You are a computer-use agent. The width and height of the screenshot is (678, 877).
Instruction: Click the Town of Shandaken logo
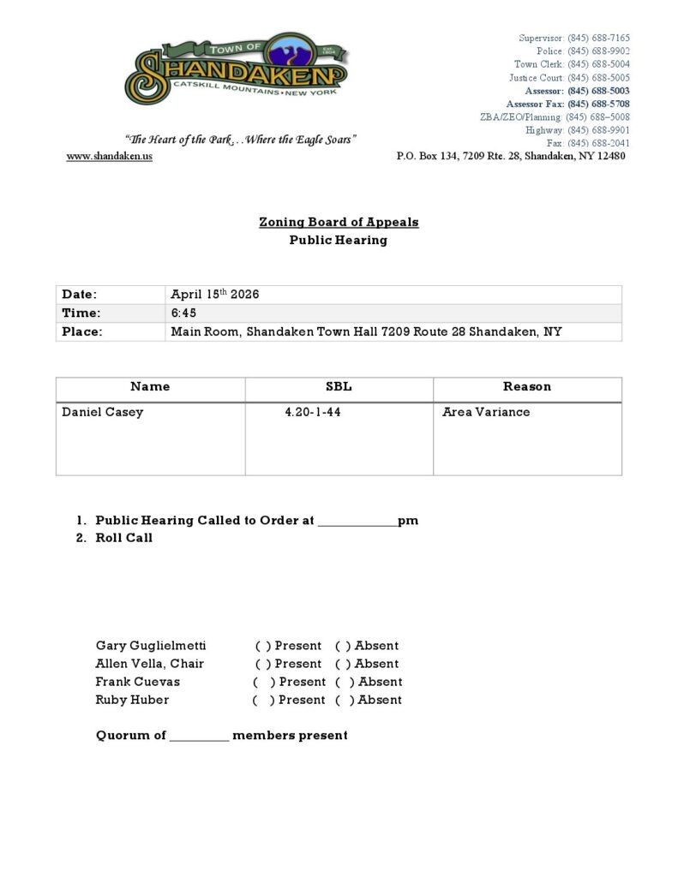(237, 70)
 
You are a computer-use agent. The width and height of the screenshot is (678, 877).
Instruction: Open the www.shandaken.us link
(109, 157)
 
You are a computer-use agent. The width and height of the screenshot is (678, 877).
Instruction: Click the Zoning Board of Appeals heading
(339, 223)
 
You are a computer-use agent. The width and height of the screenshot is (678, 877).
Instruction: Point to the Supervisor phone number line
(573, 39)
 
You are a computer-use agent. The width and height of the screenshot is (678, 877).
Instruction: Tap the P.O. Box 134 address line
(510, 157)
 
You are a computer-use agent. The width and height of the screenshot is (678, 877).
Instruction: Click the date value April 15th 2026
(214, 295)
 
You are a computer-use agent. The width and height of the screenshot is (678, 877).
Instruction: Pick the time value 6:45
(183, 313)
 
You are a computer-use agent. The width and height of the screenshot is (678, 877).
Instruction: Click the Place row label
(81, 331)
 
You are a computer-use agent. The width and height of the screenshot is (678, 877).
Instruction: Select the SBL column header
(339, 387)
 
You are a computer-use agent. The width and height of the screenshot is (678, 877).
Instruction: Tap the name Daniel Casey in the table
(103, 412)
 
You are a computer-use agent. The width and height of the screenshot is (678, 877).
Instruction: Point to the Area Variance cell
(486, 412)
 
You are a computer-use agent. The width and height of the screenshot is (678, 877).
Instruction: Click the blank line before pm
(357, 521)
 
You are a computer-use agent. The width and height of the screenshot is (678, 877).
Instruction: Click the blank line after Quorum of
(199, 736)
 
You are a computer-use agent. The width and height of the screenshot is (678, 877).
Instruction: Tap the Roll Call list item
(123, 538)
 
